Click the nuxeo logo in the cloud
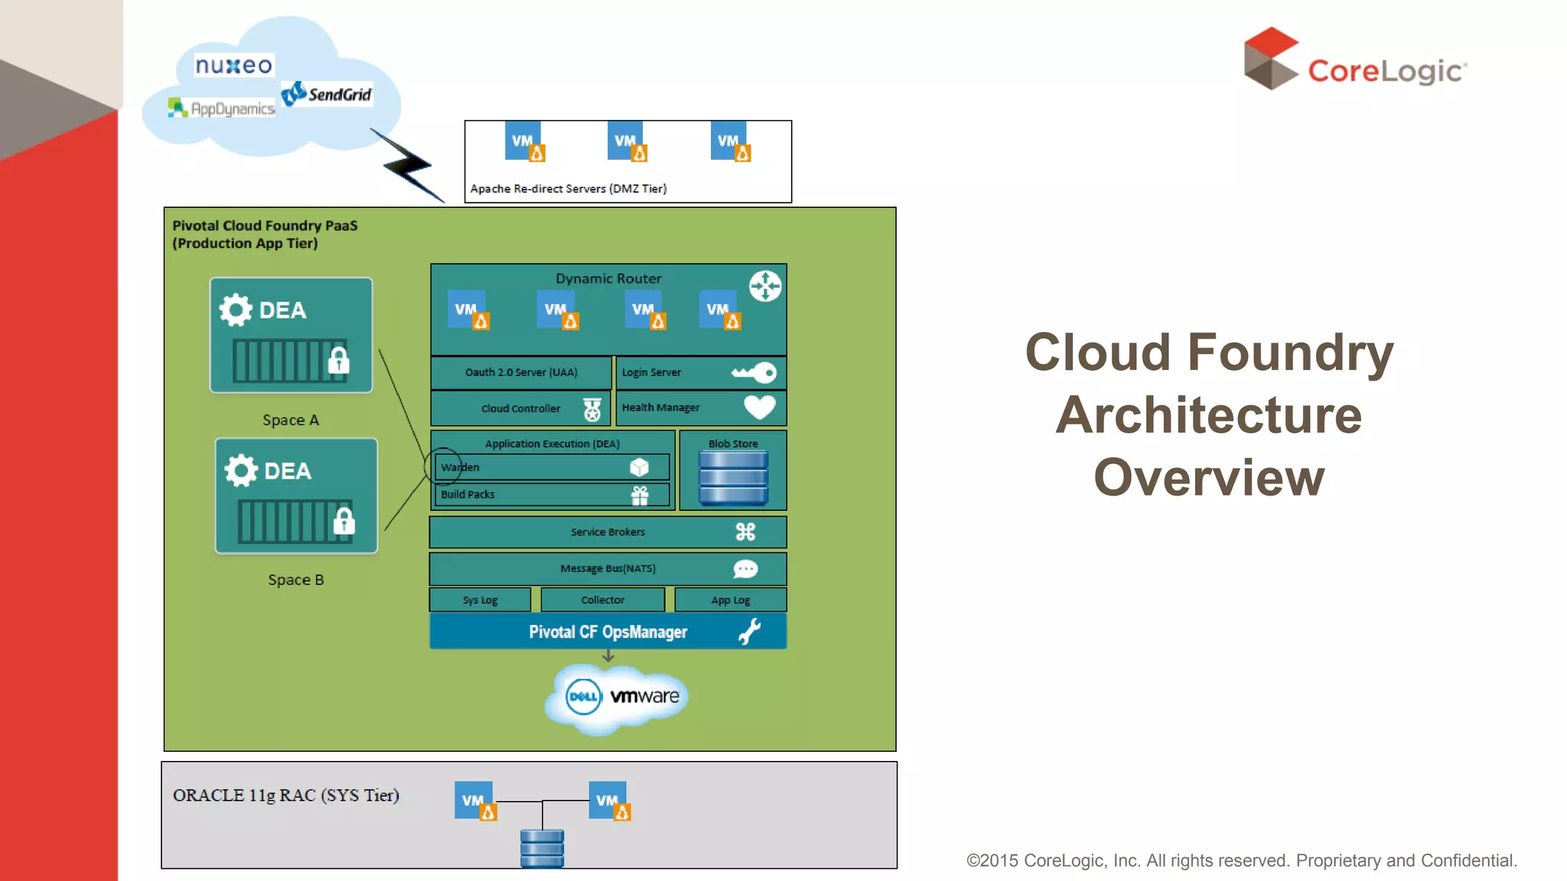point(233,66)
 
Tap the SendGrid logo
point(327,94)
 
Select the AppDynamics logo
point(222,109)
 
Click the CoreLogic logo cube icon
point(1270,59)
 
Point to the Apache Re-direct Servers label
point(568,189)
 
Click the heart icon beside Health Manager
point(759,407)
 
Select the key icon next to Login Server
point(754,372)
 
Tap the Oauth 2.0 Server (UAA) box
point(521,372)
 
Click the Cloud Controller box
point(521,408)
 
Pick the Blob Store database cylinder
point(733,478)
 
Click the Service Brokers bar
point(608,532)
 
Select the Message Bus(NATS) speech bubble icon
point(745,569)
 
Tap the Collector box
point(602,600)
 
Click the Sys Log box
point(480,600)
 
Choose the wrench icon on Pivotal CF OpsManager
point(750,632)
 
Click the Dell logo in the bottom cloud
point(583,697)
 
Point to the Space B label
point(295,580)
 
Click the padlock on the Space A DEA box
point(338,360)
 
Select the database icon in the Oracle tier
point(542,848)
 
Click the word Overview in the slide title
point(1209,478)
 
